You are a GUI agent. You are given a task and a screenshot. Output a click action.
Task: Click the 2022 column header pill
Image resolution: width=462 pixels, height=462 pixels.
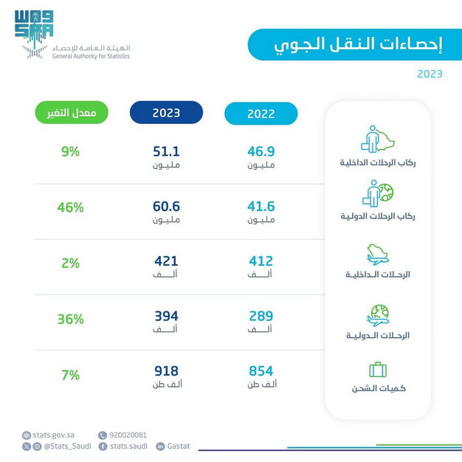point(261,114)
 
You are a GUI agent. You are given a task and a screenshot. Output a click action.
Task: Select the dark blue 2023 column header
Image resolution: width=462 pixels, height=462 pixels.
point(166,113)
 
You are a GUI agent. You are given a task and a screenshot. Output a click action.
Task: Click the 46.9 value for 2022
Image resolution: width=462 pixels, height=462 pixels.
point(261,151)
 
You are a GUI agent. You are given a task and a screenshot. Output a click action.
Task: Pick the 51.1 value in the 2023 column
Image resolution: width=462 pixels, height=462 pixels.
point(166,151)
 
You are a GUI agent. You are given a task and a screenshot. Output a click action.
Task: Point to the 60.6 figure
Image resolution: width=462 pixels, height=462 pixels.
point(166,207)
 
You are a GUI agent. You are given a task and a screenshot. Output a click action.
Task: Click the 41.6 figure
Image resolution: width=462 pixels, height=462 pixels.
point(261,207)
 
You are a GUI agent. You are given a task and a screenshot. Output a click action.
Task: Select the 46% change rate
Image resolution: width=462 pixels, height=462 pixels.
point(71,208)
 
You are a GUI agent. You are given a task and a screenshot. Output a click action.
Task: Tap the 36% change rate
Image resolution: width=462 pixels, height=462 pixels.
point(71,320)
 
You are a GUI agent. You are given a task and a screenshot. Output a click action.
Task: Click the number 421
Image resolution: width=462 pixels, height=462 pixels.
point(166,261)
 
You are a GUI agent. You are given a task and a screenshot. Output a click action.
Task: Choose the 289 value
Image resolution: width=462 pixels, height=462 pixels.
point(261,317)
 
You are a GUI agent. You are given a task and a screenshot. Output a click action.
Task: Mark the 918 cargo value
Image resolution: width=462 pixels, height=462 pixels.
point(166,371)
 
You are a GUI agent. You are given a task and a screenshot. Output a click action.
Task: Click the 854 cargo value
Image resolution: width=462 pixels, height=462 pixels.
point(261,371)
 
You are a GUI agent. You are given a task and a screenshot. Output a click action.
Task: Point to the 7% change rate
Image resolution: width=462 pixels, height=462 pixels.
point(71,375)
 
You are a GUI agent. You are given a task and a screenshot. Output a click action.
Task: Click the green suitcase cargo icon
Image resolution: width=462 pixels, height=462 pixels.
point(378,369)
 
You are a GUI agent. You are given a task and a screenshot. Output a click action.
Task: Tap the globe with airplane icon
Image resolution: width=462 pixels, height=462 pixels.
point(378,315)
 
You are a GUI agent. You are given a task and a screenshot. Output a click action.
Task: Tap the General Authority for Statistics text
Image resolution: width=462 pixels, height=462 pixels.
point(91,56)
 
